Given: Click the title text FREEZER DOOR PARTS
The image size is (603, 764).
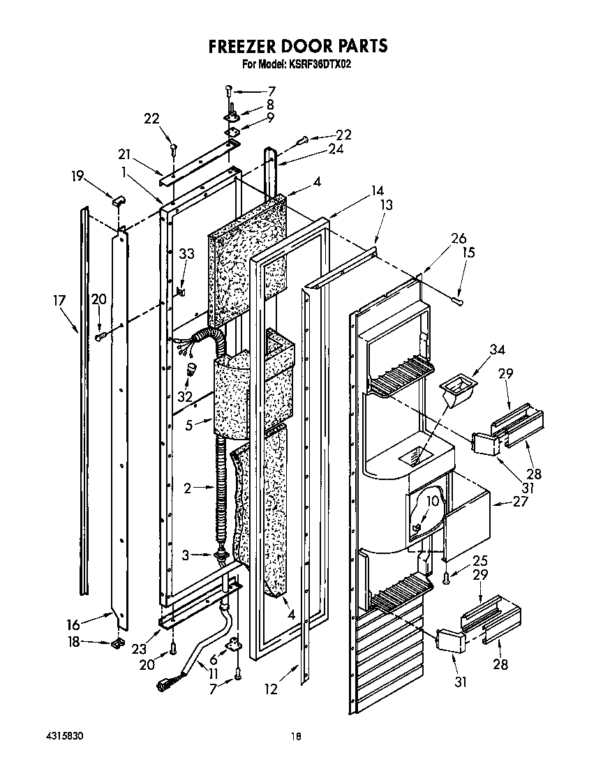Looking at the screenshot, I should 298,46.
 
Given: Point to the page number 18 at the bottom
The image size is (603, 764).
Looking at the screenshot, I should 296,736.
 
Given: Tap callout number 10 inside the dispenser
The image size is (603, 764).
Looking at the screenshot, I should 432,501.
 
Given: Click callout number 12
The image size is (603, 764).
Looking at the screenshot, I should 271,689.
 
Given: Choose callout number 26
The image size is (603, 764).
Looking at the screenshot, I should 458,239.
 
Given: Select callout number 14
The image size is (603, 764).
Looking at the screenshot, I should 378,190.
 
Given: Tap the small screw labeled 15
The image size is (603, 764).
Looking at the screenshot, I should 458,301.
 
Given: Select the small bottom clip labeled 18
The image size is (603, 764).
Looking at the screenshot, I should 116,643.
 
